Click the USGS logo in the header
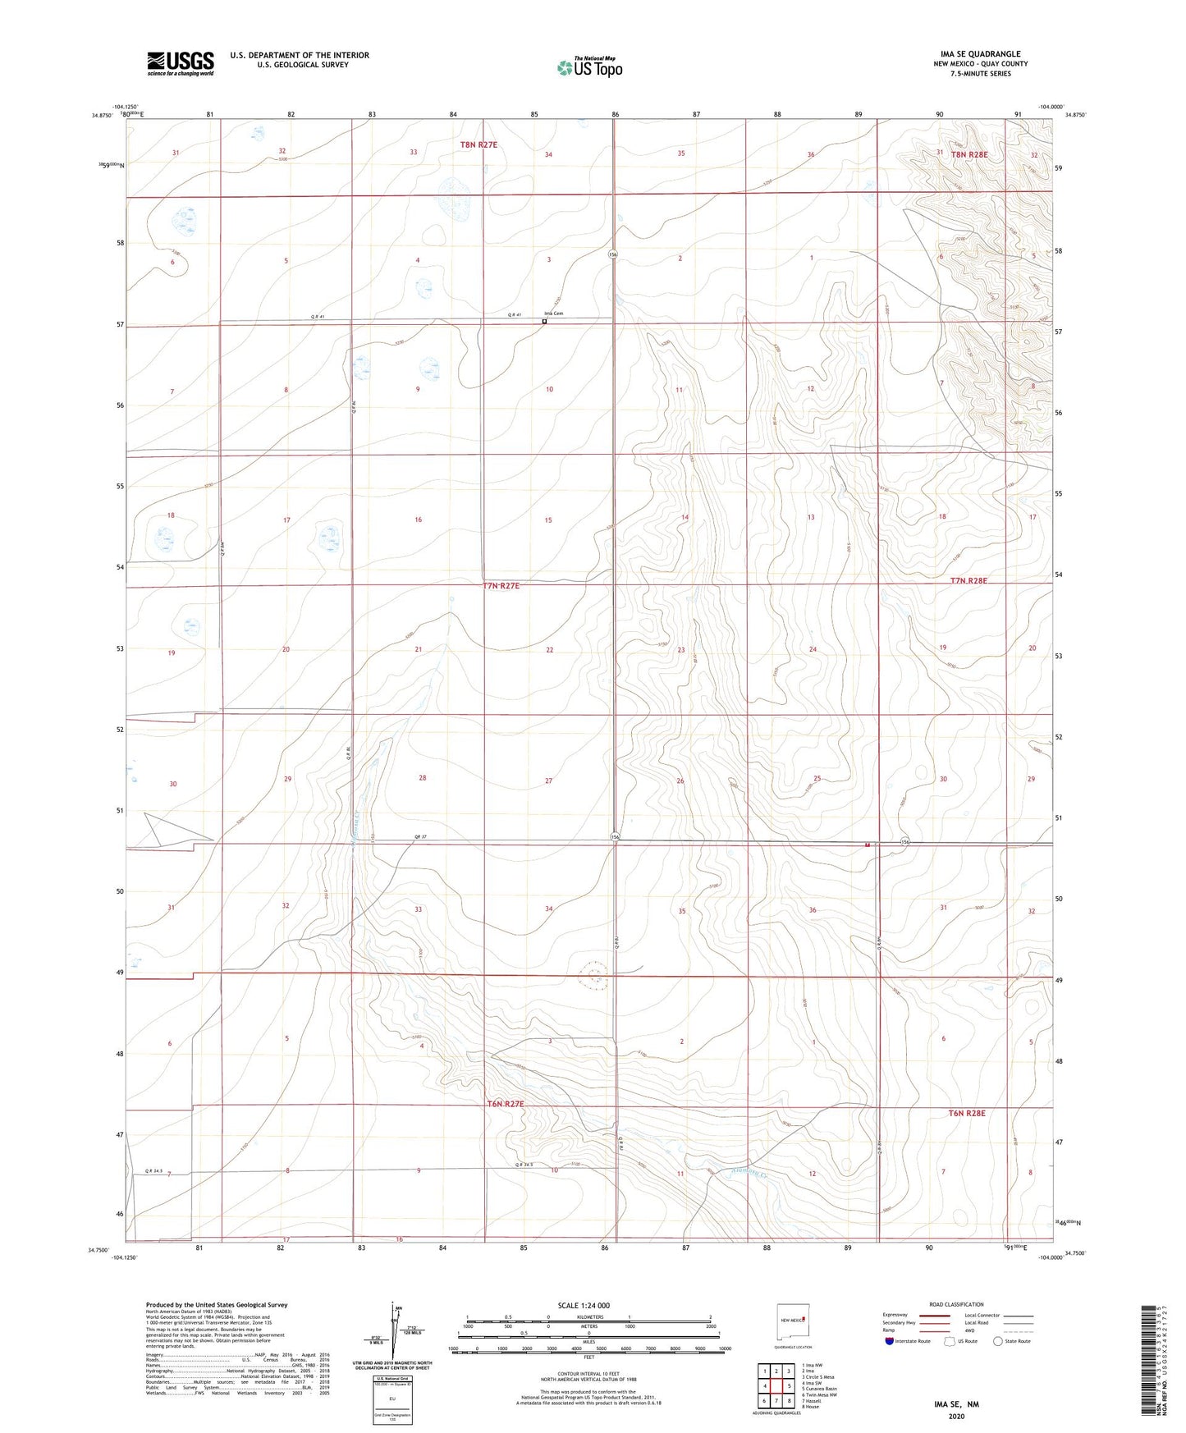[x=181, y=63]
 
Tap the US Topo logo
[x=589, y=67]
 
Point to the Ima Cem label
[x=553, y=314]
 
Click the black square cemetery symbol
[x=544, y=322]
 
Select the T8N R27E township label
[x=479, y=144]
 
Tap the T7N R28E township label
[x=968, y=580]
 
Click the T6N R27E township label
[x=506, y=1104]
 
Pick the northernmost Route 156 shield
[x=613, y=255]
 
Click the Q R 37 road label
[x=420, y=837]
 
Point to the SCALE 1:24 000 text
[x=584, y=1305]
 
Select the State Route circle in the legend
[x=998, y=1342]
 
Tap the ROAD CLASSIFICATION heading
[x=956, y=1304]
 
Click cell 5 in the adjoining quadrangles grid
[x=788, y=1386]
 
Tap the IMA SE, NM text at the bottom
[x=956, y=1404]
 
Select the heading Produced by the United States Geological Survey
[x=217, y=1304]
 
